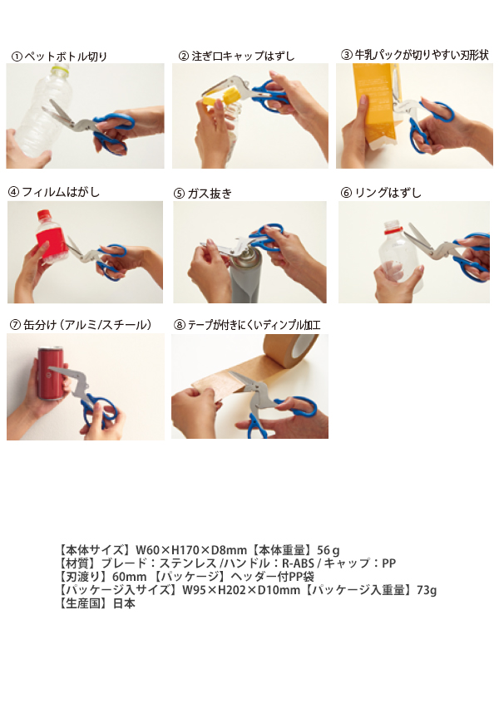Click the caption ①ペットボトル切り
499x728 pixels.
click(59, 57)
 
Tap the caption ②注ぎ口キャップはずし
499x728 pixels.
click(236, 56)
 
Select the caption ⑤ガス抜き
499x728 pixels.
click(203, 193)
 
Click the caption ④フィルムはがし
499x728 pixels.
click(54, 191)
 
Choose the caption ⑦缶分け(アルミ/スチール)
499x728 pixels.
click(81, 325)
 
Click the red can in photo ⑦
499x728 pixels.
click(50, 373)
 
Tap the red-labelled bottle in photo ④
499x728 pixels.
click(49, 237)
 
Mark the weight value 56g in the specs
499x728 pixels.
click(329, 550)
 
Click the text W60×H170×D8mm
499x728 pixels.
click(191, 550)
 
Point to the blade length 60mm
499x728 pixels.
click(129, 577)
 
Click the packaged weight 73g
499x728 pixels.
click(427, 590)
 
